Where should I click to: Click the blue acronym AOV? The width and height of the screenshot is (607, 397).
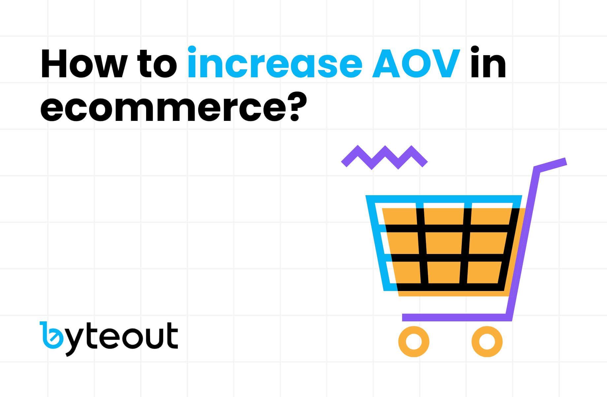[416, 63]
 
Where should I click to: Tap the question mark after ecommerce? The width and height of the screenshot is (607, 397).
[290, 105]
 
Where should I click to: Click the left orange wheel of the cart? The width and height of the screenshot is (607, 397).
[414, 342]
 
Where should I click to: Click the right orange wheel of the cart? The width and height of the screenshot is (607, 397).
[487, 342]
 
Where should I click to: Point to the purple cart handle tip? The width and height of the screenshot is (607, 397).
[565, 162]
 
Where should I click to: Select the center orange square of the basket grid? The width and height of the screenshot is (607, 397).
[446, 243]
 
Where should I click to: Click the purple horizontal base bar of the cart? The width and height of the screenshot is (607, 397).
[457, 317]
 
